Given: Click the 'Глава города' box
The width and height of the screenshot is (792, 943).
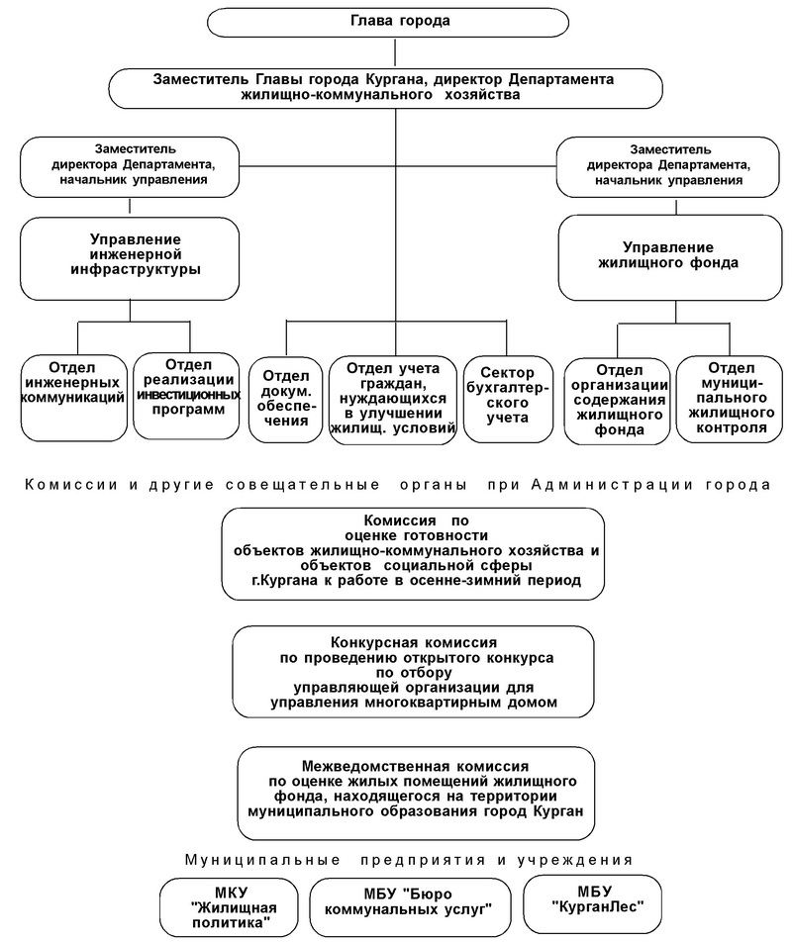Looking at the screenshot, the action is tap(387, 22).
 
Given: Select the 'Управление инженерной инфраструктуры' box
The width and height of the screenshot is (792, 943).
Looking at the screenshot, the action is tap(130, 258).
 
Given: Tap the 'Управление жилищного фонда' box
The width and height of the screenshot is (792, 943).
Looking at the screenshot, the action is tap(670, 257).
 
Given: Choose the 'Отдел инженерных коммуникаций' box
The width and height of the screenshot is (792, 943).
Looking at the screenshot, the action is tap(74, 398).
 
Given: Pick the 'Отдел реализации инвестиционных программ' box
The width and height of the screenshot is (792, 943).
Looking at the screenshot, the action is tap(186, 396).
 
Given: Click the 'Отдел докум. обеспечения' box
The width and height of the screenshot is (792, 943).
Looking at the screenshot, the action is tap(286, 400).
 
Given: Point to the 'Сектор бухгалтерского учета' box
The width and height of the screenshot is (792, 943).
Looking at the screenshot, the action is tap(508, 400).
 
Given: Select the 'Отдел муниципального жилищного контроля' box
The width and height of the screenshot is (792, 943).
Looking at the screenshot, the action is tap(730, 400).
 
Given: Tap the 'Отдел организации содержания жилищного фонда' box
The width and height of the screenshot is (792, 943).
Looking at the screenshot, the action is tap(618, 401).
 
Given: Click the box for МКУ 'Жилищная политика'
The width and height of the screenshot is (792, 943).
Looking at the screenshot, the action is tap(230, 907).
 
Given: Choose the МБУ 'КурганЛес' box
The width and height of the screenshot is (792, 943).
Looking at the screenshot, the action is tap(593, 903).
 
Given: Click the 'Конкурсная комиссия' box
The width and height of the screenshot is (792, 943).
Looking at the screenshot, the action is tap(414, 672).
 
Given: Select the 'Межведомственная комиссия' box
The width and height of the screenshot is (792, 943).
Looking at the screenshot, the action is tap(416, 794).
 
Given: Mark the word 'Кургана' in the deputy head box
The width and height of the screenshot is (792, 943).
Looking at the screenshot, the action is tap(397, 79).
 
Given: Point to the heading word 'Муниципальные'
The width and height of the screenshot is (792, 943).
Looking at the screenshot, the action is tap(262, 860).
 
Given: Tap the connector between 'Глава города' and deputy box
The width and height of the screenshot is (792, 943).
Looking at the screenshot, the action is tap(395, 52).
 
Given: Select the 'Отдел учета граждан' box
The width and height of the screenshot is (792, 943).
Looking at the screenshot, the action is tap(393, 401).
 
